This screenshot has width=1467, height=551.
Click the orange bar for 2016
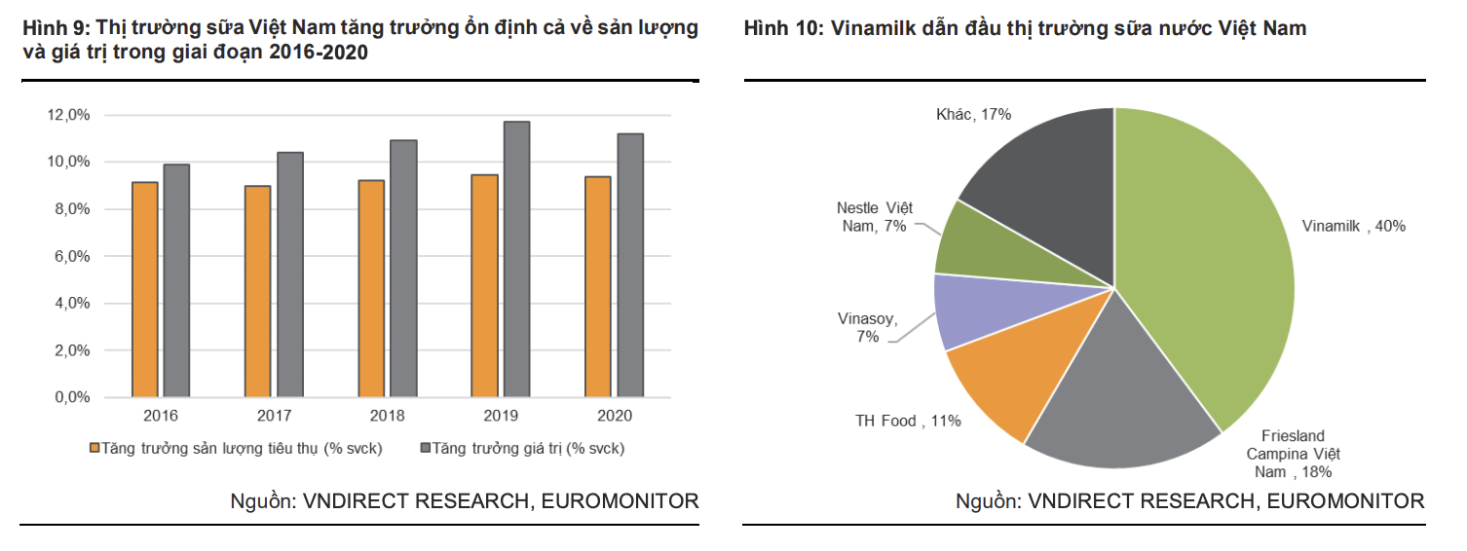(144, 290)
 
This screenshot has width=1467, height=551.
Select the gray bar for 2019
(516, 260)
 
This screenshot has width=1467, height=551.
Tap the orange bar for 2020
(597, 287)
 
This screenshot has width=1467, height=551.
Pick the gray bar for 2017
(290, 275)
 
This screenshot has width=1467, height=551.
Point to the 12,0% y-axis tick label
(68, 115)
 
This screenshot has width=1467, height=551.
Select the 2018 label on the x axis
(387, 416)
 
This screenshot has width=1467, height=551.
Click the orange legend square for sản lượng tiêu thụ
(94, 449)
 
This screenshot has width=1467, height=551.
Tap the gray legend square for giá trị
(426, 449)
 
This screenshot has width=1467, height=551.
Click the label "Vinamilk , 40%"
(1353, 226)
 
